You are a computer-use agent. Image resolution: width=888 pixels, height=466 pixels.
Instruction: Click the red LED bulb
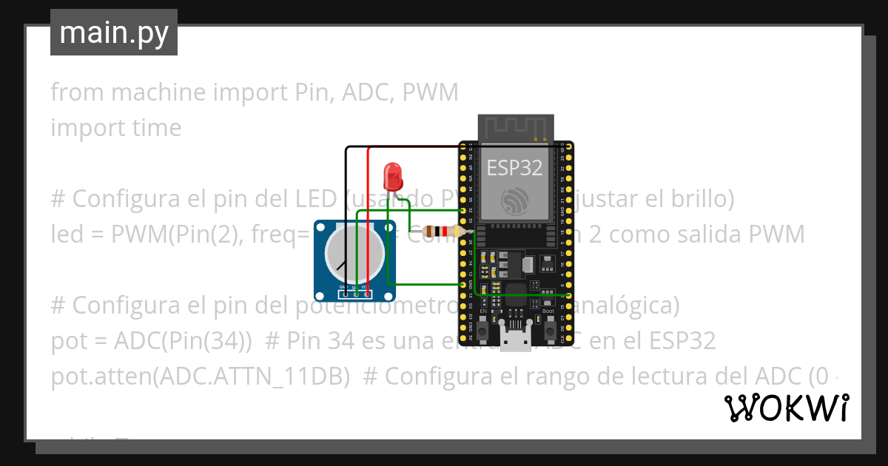click(392, 177)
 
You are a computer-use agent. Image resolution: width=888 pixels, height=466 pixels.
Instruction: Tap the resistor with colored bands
click(446, 232)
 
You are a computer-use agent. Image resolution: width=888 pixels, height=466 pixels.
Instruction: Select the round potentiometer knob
click(354, 251)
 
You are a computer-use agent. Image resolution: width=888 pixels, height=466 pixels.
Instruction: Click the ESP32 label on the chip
click(514, 167)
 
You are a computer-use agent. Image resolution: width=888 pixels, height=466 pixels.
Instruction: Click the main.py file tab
click(114, 33)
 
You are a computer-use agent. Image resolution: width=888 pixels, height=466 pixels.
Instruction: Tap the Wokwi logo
click(786, 408)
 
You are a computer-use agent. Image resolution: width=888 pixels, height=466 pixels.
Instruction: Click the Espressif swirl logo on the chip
click(514, 200)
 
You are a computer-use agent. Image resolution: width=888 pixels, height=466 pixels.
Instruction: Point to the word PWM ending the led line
click(776, 234)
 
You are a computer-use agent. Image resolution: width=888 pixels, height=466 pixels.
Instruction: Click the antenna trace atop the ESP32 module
click(516, 127)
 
